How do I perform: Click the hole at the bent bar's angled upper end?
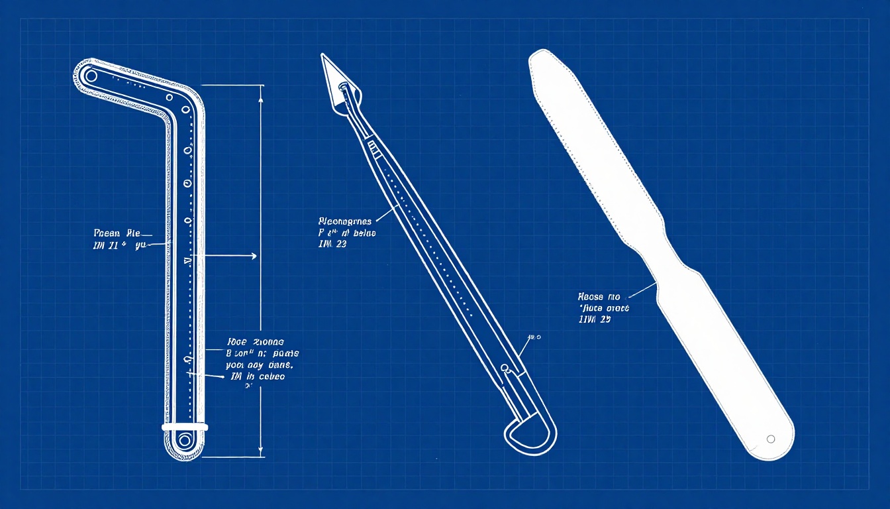[91, 76]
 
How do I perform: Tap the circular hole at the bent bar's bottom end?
[184, 439]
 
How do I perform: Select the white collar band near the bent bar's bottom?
[185, 427]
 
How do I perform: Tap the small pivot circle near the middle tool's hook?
[505, 367]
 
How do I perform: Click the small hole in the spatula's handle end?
[770, 439]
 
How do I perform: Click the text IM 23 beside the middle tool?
[333, 244]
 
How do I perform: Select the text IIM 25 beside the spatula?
[594, 319]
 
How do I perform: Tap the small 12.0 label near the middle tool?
[534, 337]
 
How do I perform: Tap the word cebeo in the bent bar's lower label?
[271, 376]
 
